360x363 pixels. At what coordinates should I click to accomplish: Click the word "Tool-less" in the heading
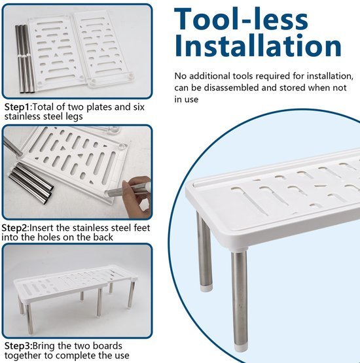coord(241,19)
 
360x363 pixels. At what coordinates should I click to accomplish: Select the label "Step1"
coord(17,107)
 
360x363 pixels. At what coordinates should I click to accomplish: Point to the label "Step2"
coord(14,228)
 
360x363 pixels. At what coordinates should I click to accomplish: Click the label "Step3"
coord(18,346)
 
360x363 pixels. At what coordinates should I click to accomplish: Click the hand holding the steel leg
coord(136,197)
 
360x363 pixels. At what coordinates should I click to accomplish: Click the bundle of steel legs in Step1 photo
coord(25,59)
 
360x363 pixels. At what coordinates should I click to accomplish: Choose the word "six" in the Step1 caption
coord(139,107)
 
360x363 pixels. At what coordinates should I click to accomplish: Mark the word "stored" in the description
coord(293,88)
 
